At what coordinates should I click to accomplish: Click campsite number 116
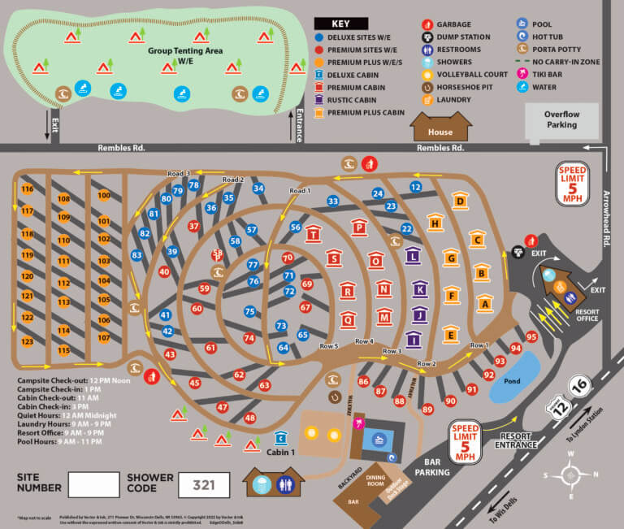coord(28,189)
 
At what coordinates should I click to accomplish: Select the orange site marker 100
coord(104,195)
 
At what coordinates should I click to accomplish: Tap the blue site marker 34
coord(258,189)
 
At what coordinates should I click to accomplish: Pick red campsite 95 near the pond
coord(532,336)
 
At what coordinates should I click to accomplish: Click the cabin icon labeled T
coord(313,235)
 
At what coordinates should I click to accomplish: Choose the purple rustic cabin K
coord(419,288)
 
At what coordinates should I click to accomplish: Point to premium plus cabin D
coord(460,202)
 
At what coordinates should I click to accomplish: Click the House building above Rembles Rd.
coord(441,128)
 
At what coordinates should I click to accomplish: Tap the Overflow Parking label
coord(561,119)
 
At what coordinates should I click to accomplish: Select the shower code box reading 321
coord(203,484)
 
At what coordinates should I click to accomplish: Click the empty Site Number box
coord(93,484)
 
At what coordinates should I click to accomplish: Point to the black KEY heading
coord(341,24)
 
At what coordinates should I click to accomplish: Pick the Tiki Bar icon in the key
coord(521,75)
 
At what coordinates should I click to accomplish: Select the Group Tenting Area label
coord(186,54)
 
